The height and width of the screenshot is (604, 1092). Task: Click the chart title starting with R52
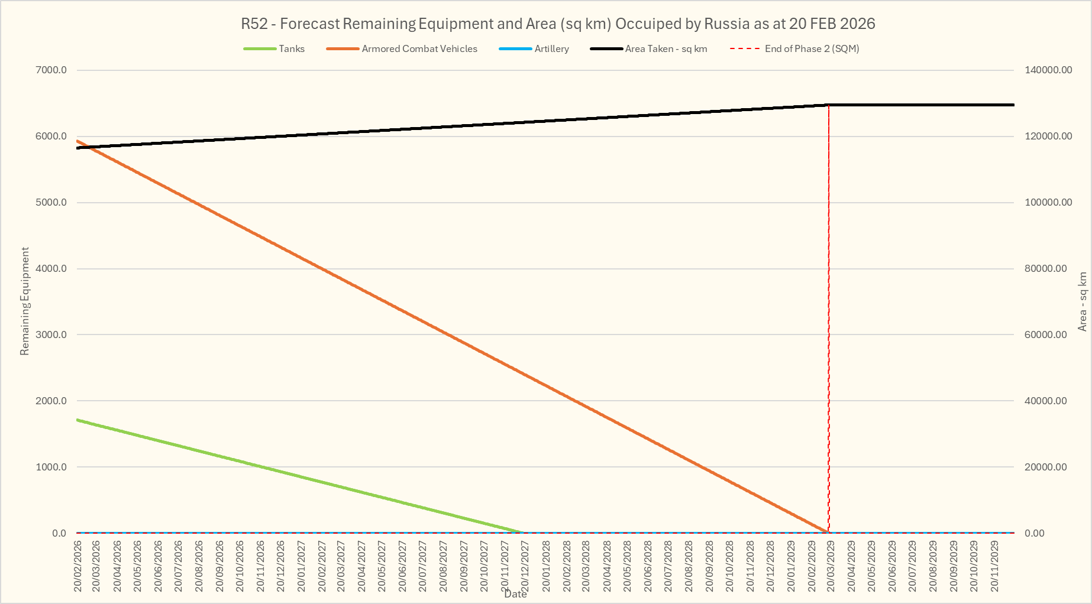tap(558, 24)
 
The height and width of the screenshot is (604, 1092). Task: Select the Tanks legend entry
tap(292, 49)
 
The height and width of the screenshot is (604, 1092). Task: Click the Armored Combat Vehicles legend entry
tap(419, 49)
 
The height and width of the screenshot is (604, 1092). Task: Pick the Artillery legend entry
tap(551, 49)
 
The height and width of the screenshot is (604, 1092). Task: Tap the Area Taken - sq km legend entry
tap(666, 49)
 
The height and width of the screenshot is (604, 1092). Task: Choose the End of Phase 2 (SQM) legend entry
tap(812, 49)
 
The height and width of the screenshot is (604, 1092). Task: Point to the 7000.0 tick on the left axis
tap(51, 70)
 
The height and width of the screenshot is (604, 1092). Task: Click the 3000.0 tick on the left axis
tap(51, 335)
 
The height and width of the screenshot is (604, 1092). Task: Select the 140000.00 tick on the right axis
tap(1048, 70)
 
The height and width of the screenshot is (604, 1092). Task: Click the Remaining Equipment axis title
tap(25, 301)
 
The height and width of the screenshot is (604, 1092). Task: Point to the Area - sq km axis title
tap(1083, 301)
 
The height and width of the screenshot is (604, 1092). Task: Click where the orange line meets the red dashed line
tap(828, 532)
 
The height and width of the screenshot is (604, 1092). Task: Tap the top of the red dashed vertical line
tap(829, 106)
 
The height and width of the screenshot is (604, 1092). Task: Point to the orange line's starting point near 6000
tap(78, 141)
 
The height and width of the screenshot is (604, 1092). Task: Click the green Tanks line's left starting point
tap(78, 420)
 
